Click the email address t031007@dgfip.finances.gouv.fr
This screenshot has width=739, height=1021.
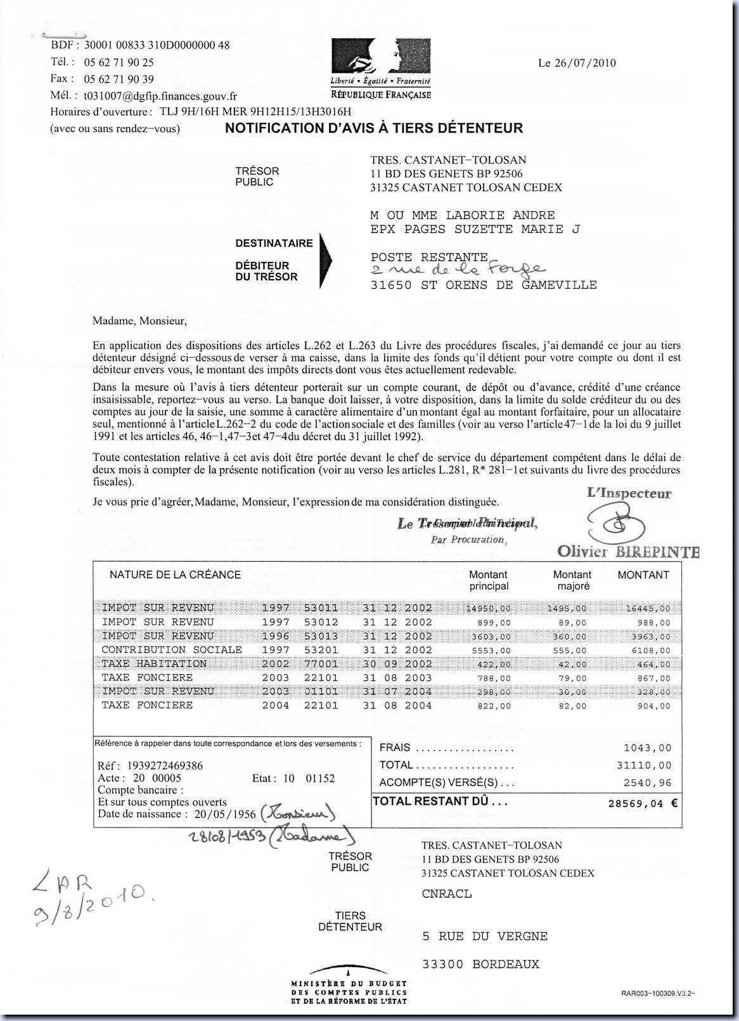[x=160, y=96]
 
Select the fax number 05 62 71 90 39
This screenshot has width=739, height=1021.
[x=119, y=79]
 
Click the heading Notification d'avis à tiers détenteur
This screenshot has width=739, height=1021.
[x=374, y=128]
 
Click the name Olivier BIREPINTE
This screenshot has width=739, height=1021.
[x=628, y=552]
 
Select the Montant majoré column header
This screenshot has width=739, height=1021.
[x=572, y=580]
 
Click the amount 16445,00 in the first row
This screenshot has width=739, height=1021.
[x=648, y=609]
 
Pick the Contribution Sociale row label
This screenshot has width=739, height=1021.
[x=172, y=650]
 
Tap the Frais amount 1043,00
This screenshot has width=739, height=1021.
[x=647, y=748]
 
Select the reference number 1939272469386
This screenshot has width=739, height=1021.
[x=165, y=766]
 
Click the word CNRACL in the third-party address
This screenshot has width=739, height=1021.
[x=446, y=894]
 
